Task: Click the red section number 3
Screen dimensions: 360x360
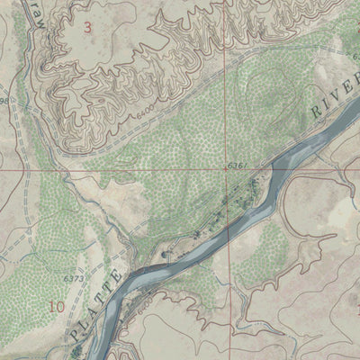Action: [x=87, y=27]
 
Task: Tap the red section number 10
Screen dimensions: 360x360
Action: [x=57, y=307]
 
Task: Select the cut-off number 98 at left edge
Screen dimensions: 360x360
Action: [x=4, y=100]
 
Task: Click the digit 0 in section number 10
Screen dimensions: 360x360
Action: [x=60, y=307]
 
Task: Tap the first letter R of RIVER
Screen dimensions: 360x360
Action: [x=316, y=108]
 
